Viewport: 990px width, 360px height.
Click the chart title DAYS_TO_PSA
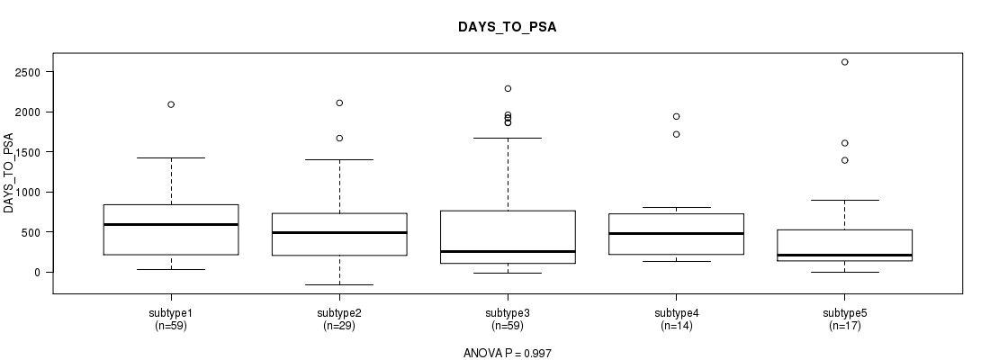pyautogui.click(x=508, y=27)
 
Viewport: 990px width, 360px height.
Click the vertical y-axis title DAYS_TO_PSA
pyautogui.click(x=9, y=173)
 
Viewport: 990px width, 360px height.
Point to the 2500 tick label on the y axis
pyautogui.click(x=29, y=72)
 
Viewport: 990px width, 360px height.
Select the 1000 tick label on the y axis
pyautogui.click(x=29, y=192)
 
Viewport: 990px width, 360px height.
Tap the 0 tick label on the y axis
pyautogui.click(x=37, y=272)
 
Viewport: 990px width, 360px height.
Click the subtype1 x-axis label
pyautogui.click(x=171, y=313)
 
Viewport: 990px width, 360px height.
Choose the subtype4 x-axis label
pyautogui.click(x=676, y=313)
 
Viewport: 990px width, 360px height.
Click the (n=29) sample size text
pyautogui.click(x=339, y=326)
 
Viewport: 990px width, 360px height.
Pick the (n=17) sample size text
pyautogui.click(x=845, y=326)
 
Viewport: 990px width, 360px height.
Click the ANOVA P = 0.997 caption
pyautogui.click(x=508, y=353)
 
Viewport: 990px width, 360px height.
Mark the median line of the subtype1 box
pyautogui.click(x=171, y=224)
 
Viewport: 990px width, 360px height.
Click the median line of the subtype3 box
pyautogui.click(x=508, y=251)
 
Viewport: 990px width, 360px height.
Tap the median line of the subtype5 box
pyautogui.click(x=845, y=256)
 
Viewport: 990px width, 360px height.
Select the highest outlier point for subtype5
pyautogui.click(x=845, y=62)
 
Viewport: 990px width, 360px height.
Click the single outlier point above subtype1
pyautogui.click(x=171, y=104)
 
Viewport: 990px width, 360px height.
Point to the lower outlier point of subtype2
pyautogui.click(x=339, y=138)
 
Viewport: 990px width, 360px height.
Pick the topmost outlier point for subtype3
pyautogui.click(x=508, y=88)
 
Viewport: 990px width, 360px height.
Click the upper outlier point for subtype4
pyautogui.click(x=676, y=116)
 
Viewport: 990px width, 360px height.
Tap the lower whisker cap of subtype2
pyautogui.click(x=339, y=284)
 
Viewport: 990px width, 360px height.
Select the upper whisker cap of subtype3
pyautogui.click(x=508, y=138)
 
